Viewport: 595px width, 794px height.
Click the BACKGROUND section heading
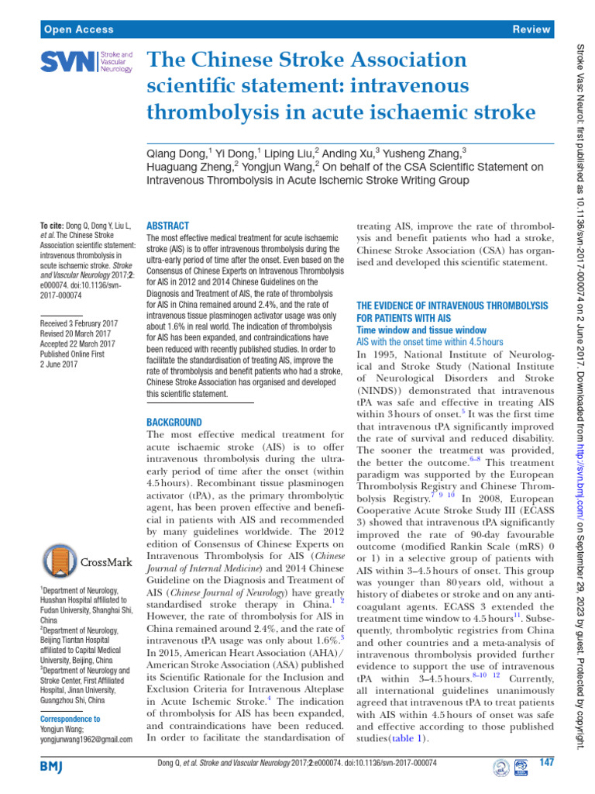(x=174, y=423)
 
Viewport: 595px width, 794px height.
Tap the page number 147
(x=547, y=763)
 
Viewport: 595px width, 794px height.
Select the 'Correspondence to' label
(x=70, y=719)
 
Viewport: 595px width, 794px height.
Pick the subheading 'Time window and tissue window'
(x=421, y=330)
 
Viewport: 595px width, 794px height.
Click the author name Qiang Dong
(x=177, y=154)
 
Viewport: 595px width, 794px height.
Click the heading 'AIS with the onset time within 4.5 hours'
(x=429, y=341)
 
